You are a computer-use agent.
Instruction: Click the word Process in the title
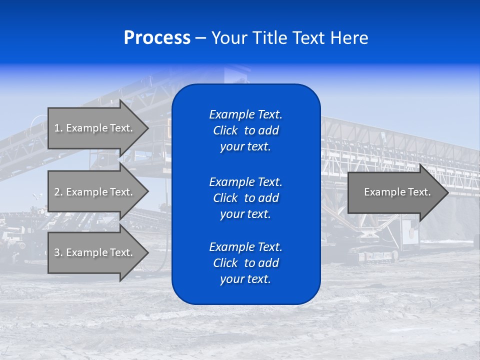[x=157, y=38]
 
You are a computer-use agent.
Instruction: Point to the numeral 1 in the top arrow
[x=57, y=128]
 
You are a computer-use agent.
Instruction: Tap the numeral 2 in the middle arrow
[x=57, y=192]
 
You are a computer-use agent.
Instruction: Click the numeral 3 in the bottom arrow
[x=57, y=252]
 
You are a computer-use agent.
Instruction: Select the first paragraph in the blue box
[x=245, y=130]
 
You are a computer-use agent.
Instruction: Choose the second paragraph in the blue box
[x=245, y=197]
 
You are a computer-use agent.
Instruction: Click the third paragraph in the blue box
[x=245, y=263]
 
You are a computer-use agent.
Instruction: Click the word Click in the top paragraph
[x=225, y=130]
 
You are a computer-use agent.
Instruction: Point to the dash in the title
[x=200, y=38]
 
